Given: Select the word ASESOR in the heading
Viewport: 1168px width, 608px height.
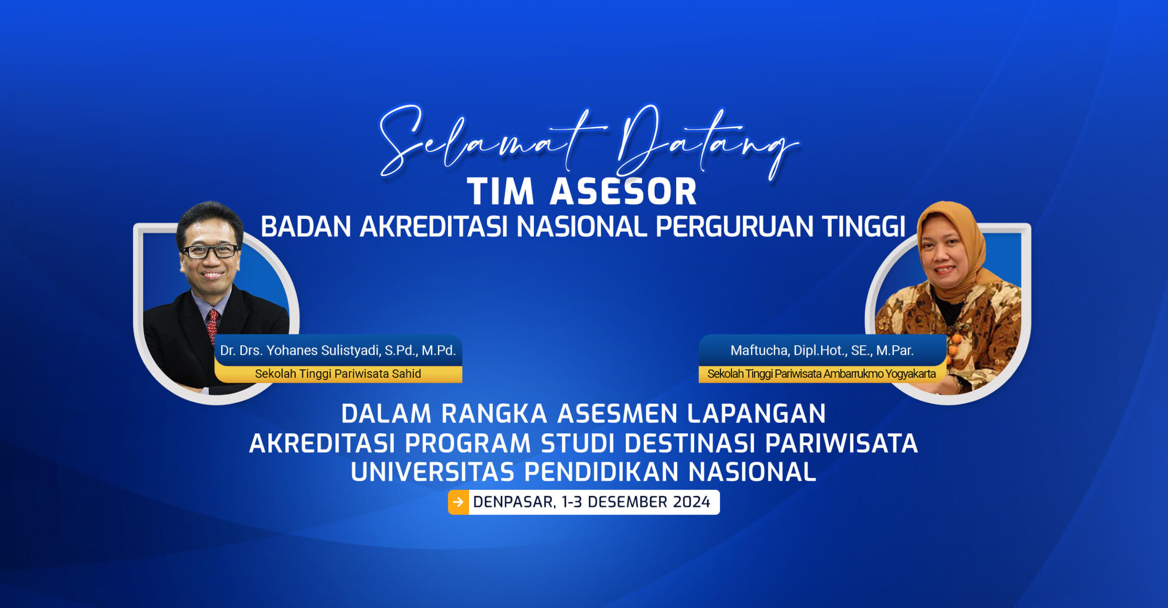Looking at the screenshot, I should [623, 192].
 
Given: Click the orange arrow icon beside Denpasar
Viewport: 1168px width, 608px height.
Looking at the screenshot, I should [459, 502].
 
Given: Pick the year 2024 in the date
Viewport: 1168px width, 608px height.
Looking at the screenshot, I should [691, 502].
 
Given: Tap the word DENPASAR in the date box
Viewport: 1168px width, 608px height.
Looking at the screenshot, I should [513, 502].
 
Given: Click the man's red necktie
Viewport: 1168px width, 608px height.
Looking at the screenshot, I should [212, 324].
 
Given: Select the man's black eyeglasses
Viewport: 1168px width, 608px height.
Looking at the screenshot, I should [210, 251].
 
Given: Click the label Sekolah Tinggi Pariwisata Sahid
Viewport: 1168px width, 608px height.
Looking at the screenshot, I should [338, 374].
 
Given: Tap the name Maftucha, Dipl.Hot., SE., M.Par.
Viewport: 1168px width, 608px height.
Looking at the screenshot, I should [822, 350].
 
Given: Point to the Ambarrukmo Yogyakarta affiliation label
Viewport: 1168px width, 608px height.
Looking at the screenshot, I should [821, 374].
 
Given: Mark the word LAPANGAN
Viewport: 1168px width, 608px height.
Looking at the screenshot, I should [756, 414].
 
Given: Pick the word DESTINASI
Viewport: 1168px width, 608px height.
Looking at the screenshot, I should [689, 443].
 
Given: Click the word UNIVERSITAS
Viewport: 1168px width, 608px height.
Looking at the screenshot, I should [433, 472].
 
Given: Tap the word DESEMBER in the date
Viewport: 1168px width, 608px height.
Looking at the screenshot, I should [627, 502].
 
